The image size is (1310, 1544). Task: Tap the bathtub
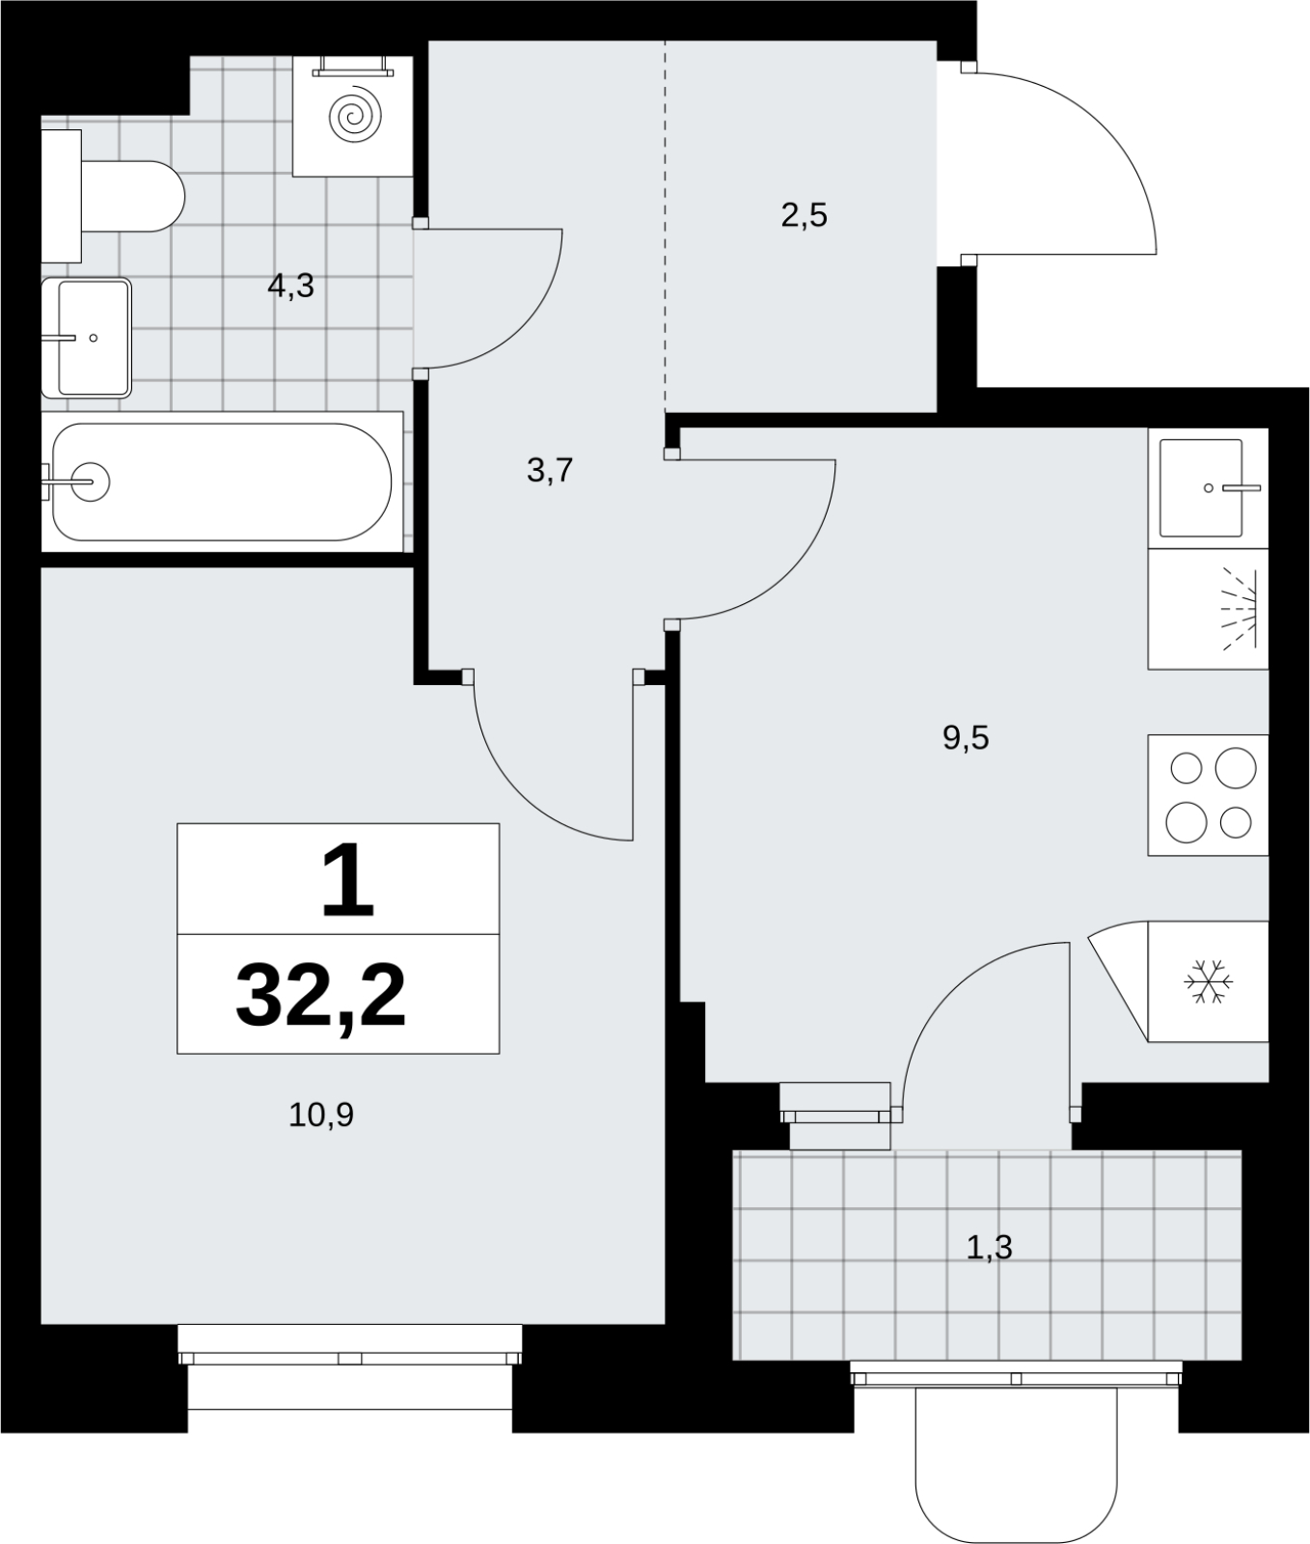pos(222,482)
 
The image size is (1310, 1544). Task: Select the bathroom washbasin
pos(86,338)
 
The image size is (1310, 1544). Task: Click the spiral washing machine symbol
pos(353,116)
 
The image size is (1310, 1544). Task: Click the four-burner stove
pos(1208,795)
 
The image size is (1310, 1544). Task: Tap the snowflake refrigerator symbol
pos(1208,980)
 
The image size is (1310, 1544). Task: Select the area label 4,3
pos(291,286)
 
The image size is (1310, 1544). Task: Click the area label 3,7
pos(550,471)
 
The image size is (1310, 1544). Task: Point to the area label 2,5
pos(804,215)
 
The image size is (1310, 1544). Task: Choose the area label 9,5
pos(966,738)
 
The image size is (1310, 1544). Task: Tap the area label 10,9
pos(321,1116)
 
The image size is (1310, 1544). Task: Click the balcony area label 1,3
pos(989,1248)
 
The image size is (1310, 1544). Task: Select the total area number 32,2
pos(320,997)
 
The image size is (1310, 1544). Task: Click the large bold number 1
pos(346,878)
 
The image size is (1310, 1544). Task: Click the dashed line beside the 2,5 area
pos(665,228)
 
